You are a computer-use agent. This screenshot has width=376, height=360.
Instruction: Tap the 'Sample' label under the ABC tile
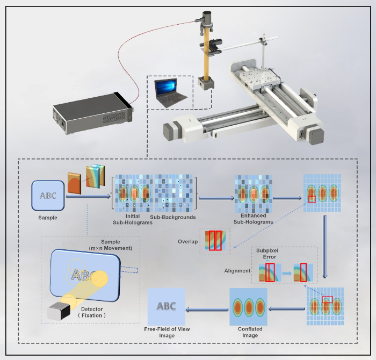47,218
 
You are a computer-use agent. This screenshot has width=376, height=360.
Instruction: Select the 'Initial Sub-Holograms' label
132,220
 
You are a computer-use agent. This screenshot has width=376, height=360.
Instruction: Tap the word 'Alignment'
237,271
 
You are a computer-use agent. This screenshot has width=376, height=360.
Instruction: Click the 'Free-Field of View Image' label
167,332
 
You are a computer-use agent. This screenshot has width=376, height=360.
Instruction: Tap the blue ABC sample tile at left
47,196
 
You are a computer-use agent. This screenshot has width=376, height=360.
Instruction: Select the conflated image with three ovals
248,306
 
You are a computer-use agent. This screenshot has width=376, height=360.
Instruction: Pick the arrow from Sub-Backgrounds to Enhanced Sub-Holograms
216,198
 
